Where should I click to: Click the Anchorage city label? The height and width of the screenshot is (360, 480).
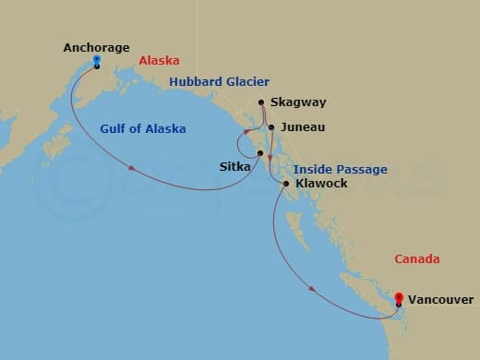tap(96, 47)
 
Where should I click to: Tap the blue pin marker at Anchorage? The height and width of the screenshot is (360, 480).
tap(96, 62)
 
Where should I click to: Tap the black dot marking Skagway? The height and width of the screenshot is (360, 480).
tap(262, 102)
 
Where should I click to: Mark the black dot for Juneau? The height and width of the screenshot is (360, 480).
tap(270, 127)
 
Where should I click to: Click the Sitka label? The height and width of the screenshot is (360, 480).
tap(234, 168)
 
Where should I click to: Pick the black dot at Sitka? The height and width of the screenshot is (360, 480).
tap(260, 153)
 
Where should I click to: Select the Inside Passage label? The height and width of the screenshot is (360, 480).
tap(340, 170)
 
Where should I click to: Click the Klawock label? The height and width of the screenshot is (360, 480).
tap(322, 184)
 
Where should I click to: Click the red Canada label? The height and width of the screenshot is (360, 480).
tap(416, 259)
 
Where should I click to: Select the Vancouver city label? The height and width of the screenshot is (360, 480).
tap(441, 300)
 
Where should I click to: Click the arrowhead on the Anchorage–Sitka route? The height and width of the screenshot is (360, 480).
tap(133, 168)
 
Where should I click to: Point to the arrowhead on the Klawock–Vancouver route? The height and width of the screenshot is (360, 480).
tap(312, 288)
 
